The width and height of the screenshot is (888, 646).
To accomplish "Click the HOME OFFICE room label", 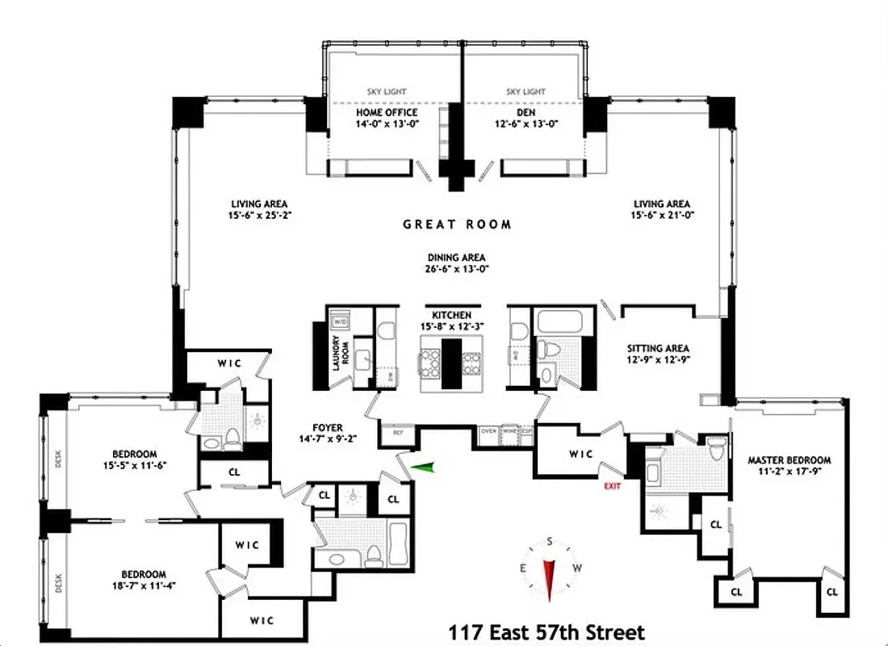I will (x=387, y=112).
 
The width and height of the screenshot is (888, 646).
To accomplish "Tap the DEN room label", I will (x=526, y=112).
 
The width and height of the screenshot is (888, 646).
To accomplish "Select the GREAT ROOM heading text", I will (x=457, y=224).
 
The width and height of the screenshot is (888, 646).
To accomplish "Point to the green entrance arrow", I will (x=422, y=466).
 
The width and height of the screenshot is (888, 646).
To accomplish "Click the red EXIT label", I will (x=613, y=486).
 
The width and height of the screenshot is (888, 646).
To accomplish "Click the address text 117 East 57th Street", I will (x=546, y=631).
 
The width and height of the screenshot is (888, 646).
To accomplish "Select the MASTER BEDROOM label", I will (x=789, y=460).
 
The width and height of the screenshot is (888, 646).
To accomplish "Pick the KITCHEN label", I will (x=451, y=315).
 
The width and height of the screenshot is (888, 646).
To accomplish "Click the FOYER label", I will (x=329, y=428).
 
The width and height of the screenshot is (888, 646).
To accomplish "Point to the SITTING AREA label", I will (x=659, y=349).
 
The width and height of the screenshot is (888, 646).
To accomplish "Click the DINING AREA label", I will (x=457, y=258).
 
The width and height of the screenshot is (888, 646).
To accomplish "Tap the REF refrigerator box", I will (x=397, y=432).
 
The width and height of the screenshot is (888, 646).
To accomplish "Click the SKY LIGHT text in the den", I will (x=526, y=92).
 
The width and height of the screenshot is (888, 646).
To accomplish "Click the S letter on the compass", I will (x=549, y=541).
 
